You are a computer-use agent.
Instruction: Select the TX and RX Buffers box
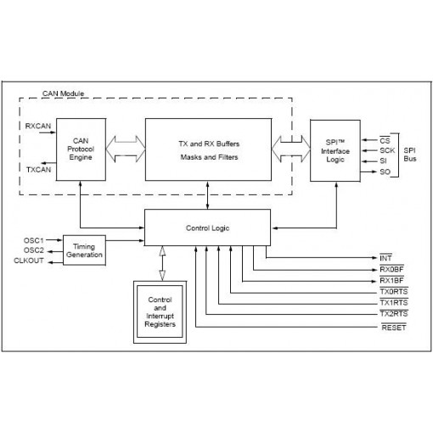click(208, 149)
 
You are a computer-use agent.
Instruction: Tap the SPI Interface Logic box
click(333, 149)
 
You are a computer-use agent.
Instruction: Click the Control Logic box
click(208, 228)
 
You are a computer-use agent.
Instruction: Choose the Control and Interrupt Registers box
click(160, 312)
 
